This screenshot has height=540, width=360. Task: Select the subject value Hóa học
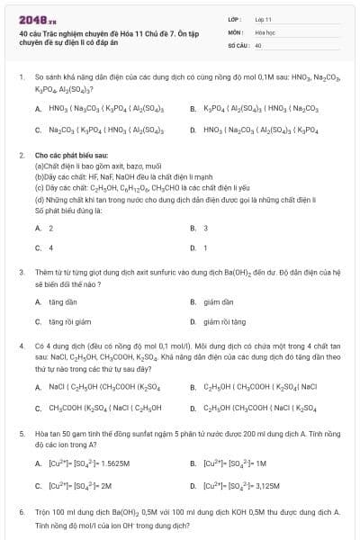point(264,31)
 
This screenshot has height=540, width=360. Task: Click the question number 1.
point(21,78)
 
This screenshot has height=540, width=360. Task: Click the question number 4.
point(21,346)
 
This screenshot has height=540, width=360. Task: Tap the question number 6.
point(21,510)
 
